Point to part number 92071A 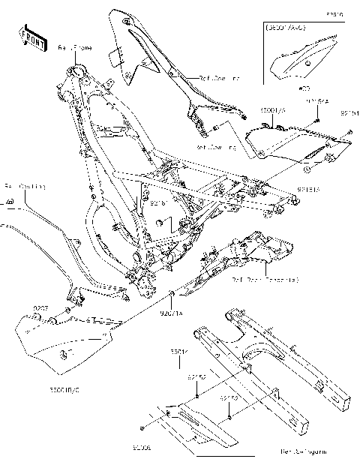tap(172, 306)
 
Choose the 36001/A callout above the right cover tap(273, 110)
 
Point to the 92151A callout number tap(308, 190)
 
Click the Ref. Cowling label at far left tap(25, 186)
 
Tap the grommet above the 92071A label tap(172, 291)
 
